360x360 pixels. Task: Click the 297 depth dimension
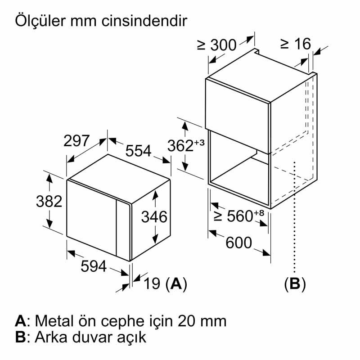[x=76, y=141]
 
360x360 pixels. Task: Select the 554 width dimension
[x=138, y=151]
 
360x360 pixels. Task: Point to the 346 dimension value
[x=154, y=217]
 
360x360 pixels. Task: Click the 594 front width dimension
[x=93, y=266]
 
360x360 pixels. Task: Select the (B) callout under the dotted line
[x=295, y=283]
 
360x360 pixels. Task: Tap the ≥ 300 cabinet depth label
[x=217, y=45]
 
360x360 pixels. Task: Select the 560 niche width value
[x=239, y=216]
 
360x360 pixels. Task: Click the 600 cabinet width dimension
[x=238, y=243]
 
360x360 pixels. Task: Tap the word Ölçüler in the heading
[x=41, y=21]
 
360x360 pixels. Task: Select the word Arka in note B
[x=50, y=337]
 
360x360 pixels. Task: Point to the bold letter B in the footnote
[x=20, y=337]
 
